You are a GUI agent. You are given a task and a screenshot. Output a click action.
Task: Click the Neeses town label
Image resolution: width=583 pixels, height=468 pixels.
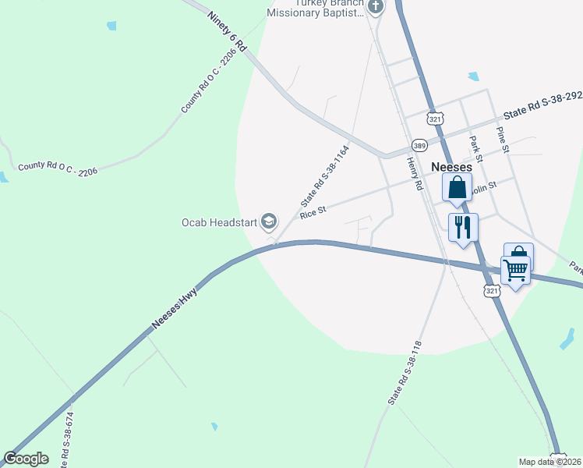coord(452,167)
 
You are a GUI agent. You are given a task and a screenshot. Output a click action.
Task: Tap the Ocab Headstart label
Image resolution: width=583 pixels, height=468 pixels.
coord(219,223)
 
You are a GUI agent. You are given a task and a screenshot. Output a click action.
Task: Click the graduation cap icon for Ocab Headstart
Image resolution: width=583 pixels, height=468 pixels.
coord(269,223)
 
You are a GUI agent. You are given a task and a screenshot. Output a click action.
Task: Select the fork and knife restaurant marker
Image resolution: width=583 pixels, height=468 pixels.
coord(463,228)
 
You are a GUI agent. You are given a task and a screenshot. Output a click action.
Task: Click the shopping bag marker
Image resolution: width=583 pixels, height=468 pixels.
coord(457,188)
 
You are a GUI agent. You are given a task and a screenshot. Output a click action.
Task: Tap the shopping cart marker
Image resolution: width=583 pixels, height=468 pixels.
coord(515,271)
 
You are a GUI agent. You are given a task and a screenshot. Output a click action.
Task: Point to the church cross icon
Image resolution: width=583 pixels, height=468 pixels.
coord(376,8)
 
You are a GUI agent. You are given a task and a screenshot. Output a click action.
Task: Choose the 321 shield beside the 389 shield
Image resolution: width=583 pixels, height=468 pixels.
coord(435,119)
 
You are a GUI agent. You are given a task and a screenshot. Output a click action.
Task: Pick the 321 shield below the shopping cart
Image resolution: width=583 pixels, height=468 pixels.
coord(491,290)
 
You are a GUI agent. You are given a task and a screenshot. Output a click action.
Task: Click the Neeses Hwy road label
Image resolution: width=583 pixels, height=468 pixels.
coord(175,308)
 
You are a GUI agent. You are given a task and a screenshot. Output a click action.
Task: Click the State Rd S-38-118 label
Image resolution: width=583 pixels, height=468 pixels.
coord(405,372)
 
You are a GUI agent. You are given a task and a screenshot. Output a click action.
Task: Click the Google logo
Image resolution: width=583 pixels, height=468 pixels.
coord(26,459)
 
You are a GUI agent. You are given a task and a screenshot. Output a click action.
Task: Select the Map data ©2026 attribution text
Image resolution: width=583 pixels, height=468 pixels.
coord(550,462)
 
